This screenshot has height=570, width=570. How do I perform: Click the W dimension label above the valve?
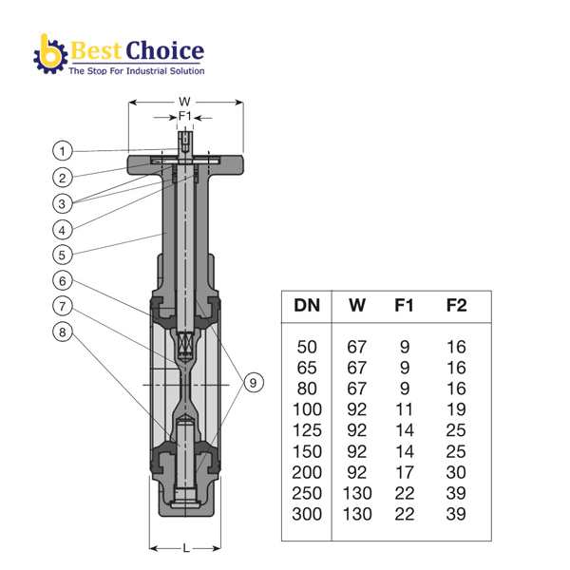(x=184, y=102)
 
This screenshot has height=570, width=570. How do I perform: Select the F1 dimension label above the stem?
(x=184, y=116)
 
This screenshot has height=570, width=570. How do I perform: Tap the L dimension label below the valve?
(x=186, y=548)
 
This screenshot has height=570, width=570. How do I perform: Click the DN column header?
(x=307, y=305)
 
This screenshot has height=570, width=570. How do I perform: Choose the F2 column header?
(x=456, y=305)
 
